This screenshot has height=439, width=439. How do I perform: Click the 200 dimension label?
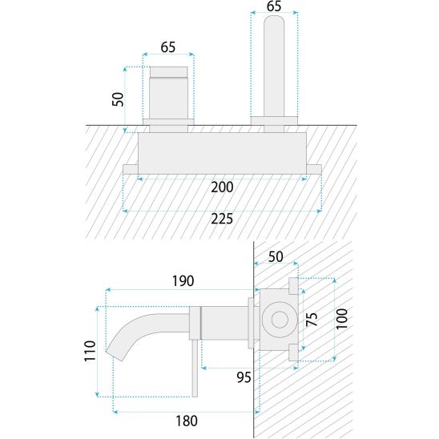tap(222, 187)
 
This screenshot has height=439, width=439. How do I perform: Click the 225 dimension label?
tap(222, 219)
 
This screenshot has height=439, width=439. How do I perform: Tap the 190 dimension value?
tap(183, 281)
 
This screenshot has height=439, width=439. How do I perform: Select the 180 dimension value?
tap(187, 421)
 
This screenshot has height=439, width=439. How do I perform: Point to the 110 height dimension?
tap(90, 351)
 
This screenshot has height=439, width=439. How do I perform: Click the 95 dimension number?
tap(244, 377)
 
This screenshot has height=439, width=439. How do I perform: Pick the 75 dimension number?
tap(312, 320)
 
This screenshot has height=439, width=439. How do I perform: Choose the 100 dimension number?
tap(341, 319)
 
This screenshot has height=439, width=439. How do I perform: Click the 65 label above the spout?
tap(274, 6)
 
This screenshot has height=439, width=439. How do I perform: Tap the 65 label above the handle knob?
tap(168, 47)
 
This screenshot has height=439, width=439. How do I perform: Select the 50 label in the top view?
tap(118, 99)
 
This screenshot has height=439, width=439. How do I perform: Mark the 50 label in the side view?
tap(276, 256)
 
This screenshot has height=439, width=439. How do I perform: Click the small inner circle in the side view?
tap(280, 320)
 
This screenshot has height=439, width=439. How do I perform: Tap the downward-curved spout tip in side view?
tap(115, 355)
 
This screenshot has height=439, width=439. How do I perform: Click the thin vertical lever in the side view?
tap(195, 369)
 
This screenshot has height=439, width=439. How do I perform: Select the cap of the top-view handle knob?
tap(168, 71)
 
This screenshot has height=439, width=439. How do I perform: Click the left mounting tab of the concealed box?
tap(131, 169)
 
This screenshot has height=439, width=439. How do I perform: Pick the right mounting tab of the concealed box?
tap(314, 169)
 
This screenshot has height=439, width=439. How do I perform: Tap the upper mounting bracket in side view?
tap(293, 286)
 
